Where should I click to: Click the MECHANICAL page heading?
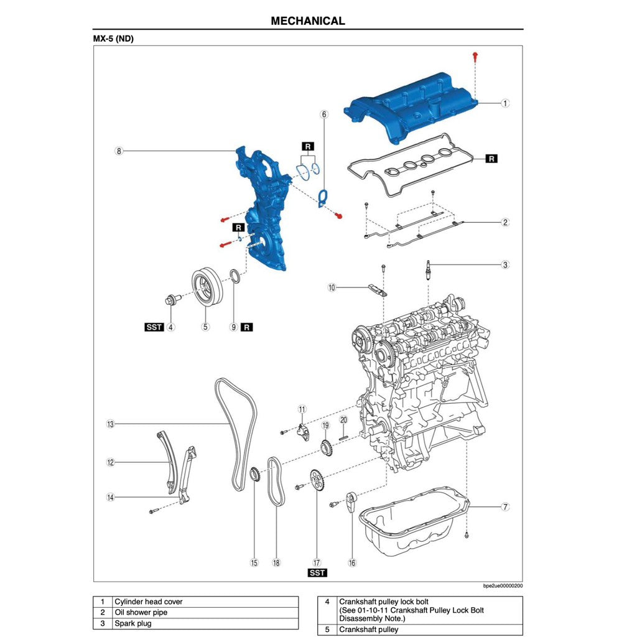307,21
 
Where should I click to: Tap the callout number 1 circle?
505,103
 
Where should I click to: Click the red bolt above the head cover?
475,57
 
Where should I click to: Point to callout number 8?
118,151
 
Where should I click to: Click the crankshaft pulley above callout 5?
205,287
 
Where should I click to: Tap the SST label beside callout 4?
154,327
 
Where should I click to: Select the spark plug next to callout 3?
427,271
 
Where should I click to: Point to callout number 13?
110,424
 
